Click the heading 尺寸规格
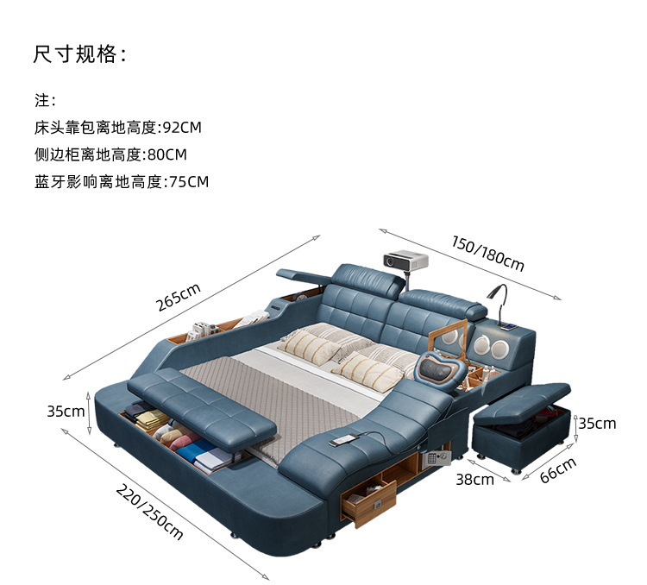click(80, 54)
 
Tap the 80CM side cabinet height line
click(110, 154)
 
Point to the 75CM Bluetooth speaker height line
click(122, 182)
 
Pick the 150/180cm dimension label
click(487, 252)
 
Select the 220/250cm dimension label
click(149, 511)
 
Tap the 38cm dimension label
click(474, 479)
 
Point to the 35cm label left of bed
click(66, 412)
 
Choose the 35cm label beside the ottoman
click(597, 423)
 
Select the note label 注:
click(45, 100)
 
